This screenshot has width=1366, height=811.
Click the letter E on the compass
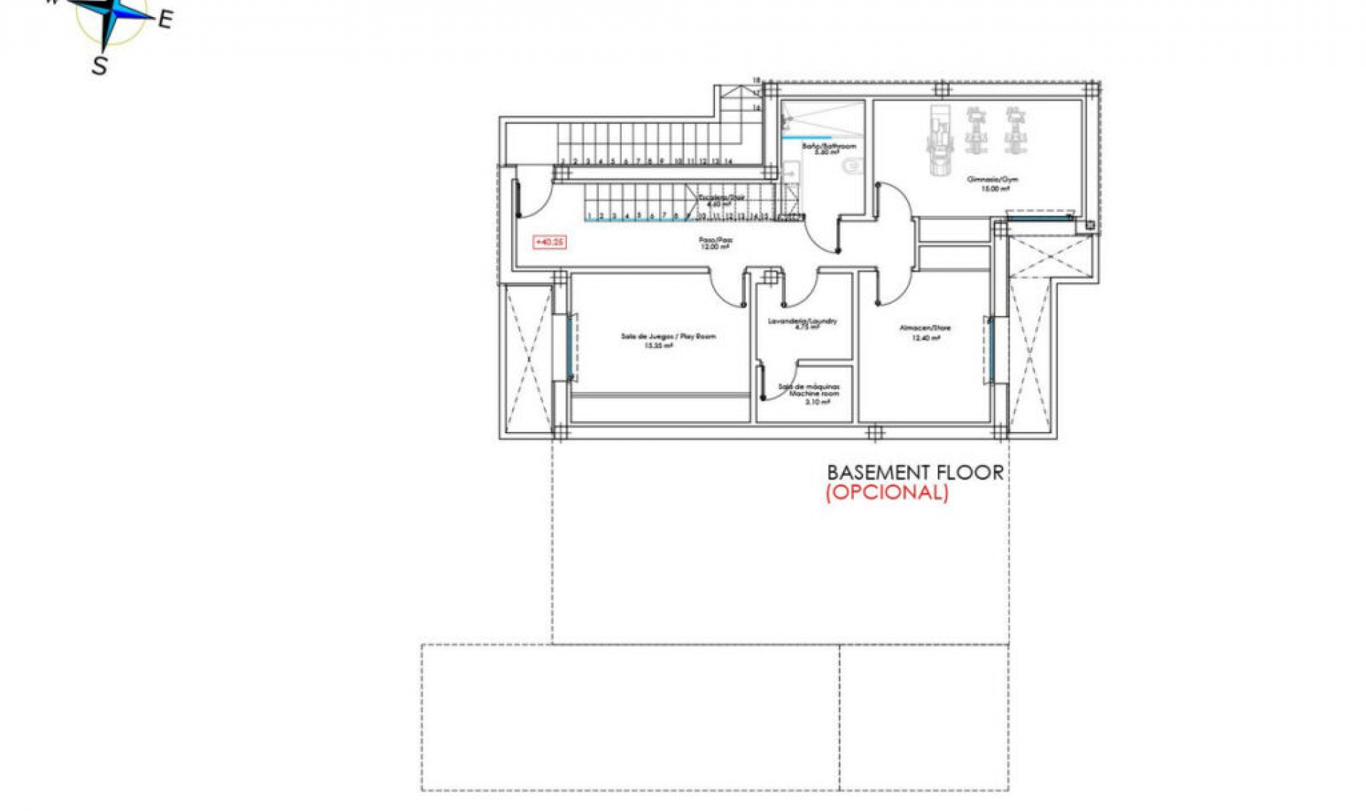165,19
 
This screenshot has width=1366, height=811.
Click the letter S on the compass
100,65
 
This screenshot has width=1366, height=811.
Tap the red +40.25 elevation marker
549,243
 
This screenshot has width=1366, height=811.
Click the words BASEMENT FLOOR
915,472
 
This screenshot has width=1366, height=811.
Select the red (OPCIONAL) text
886,492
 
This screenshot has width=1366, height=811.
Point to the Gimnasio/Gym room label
992,179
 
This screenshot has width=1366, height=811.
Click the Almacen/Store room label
925,328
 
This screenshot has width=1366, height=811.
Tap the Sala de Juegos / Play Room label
668,336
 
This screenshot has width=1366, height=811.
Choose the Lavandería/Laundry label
803,322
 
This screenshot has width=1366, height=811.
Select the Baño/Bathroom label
829,147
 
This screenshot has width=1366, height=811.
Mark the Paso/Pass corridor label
715,240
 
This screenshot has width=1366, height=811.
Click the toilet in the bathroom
852,166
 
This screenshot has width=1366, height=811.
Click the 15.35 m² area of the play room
658,346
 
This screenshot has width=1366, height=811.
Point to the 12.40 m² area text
926,339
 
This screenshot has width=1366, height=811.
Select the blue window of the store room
991,349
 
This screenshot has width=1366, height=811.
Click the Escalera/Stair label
721,197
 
